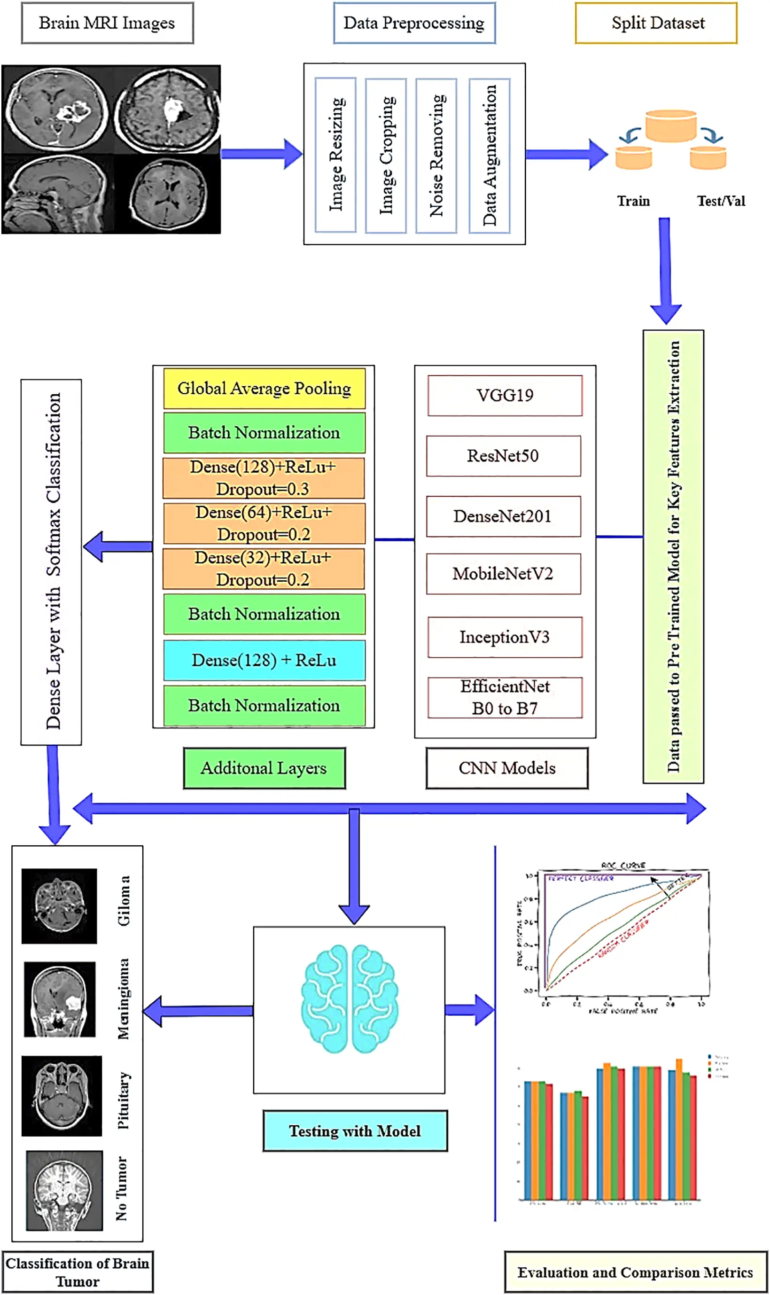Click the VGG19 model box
505,395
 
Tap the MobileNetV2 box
503,573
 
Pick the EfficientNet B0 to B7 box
505,697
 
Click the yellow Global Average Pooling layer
264,388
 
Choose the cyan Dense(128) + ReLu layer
264,660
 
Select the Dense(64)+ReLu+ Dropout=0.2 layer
264,523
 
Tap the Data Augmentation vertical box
489,155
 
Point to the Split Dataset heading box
656,23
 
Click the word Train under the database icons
633,201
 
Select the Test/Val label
721,201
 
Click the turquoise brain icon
350,999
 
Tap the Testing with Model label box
355,1131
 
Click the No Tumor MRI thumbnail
64,1190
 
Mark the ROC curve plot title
623,866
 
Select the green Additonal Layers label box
264,768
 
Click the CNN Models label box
507,768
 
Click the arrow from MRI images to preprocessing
262,154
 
